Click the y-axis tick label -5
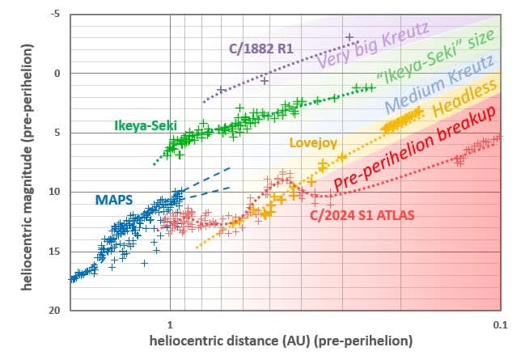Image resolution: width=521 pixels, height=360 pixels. click(x=57, y=15)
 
